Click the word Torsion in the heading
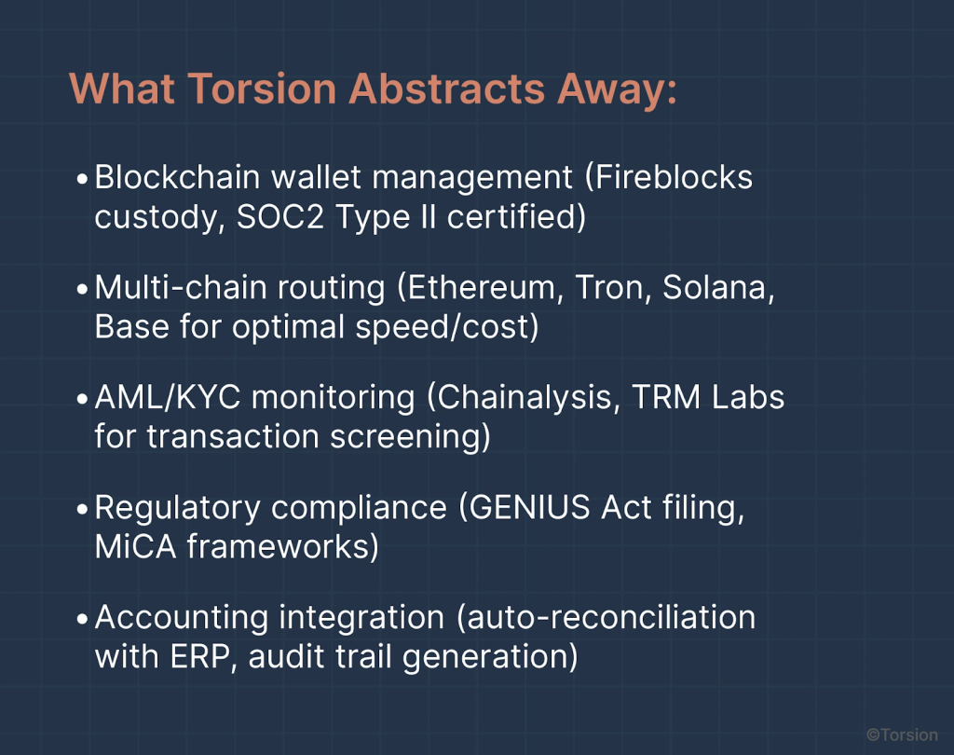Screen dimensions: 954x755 pyautogui.click(x=262, y=89)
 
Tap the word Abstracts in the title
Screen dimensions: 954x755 pyautogui.click(x=446, y=89)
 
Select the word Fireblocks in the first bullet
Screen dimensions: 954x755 pyautogui.click(x=674, y=177)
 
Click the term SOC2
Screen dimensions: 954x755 pyautogui.click(x=279, y=217)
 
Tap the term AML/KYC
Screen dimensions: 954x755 pyautogui.click(x=168, y=398)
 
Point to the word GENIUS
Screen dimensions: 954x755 pyautogui.click(x=529, y=508)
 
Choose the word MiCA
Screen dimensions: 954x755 pyautogui.click(x=135, y=547)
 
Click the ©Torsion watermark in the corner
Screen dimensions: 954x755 pyautogui.click(x=902, y=734)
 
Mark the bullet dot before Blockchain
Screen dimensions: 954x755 pyautogui.click(x=83, y=179)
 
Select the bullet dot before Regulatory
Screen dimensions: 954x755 pyautogui.click(x=83, y=510)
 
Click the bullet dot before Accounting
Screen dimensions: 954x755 pyautogui.click(x=83, y=620)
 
